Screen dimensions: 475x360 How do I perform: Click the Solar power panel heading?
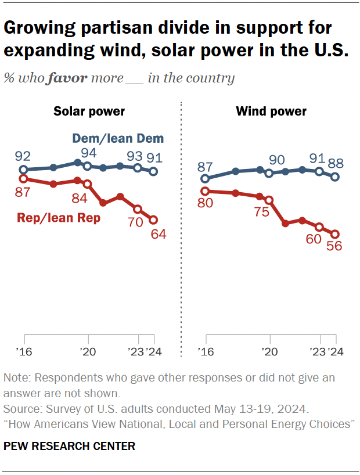[89, 111]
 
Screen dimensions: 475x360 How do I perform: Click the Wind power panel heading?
[271, 111]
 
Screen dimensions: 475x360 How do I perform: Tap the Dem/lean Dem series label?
[118, 138]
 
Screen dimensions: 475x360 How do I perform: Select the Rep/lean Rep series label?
[59, 218]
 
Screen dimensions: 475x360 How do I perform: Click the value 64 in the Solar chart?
[159, 235]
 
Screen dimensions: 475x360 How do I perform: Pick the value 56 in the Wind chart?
[334, 246]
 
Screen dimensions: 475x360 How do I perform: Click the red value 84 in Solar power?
[80, 199]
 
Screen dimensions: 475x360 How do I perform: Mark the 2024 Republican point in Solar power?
[153, 219]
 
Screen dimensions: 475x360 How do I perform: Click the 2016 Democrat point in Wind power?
[204, 179]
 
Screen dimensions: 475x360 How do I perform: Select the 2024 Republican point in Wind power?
[335, 234]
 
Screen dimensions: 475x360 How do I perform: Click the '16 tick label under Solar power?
[24, 351]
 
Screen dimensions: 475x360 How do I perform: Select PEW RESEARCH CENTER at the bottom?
[69, 446]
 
